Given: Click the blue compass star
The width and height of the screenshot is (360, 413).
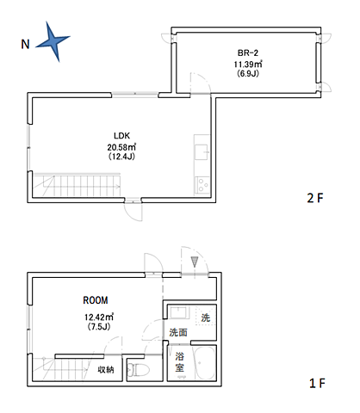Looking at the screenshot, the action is coord(53,40).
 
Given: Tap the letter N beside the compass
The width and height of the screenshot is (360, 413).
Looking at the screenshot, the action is coord(25,44).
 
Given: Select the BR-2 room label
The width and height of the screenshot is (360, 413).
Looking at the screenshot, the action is coord(248,52).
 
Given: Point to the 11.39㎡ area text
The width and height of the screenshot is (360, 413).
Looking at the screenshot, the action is coord(248,64).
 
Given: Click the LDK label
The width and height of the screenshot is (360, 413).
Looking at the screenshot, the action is coord(122,136).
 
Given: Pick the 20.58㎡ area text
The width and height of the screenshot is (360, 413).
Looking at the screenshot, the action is coord(121,147).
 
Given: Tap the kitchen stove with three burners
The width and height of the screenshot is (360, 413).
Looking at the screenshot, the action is coord(203,185).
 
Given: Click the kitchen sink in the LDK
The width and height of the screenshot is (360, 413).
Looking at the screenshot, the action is coord(202,152).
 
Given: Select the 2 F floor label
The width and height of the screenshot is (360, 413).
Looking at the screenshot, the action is coord(315,198).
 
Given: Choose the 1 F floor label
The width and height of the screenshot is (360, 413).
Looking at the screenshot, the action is coord(317,383).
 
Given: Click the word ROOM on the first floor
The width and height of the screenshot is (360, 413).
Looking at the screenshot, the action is coord(96,300).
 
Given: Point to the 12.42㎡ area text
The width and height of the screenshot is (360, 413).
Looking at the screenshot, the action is coord(99,317).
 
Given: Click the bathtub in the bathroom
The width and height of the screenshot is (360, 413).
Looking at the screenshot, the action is coord(205,363).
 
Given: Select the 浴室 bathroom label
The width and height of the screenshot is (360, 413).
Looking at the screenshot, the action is coord(180,362).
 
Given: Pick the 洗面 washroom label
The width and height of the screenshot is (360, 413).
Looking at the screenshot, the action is coord(178,332).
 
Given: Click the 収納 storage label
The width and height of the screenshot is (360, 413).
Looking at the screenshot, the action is coord(106,369).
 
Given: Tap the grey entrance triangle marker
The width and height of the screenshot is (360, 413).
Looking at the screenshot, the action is coord(195,262).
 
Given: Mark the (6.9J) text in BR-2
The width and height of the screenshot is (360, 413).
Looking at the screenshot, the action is coord(248,73).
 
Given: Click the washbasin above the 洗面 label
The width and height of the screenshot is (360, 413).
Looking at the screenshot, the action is coord(179,312).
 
